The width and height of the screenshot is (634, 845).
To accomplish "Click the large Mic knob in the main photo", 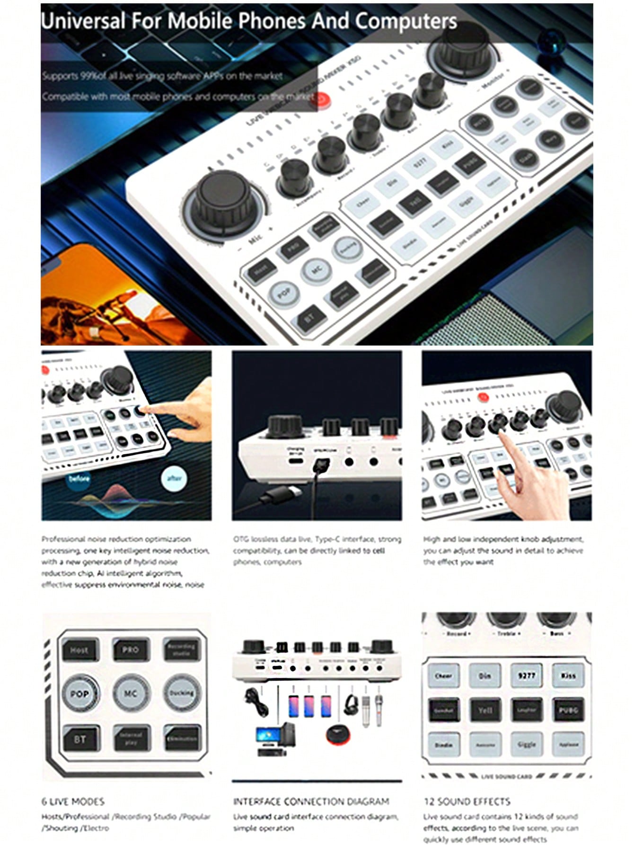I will coord(223,199).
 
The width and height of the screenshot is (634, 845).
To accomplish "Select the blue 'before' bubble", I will coord(79,478).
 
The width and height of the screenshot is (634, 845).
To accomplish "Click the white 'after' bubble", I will coord(174,478).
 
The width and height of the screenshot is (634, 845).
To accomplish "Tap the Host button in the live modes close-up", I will coord(79,650).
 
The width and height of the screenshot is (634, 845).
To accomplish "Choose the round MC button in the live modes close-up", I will coord(130,694).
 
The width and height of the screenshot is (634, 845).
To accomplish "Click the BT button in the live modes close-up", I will coord(79,739).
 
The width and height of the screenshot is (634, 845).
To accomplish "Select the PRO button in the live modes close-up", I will coord(130,650).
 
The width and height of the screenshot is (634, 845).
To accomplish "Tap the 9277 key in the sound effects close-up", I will coord(526,676).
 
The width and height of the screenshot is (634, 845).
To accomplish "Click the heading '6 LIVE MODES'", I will coord(73,801).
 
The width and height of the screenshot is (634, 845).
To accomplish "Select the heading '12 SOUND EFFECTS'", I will coord(467,801).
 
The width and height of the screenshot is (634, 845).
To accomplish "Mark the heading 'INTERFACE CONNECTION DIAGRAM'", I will coord(311,801).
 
